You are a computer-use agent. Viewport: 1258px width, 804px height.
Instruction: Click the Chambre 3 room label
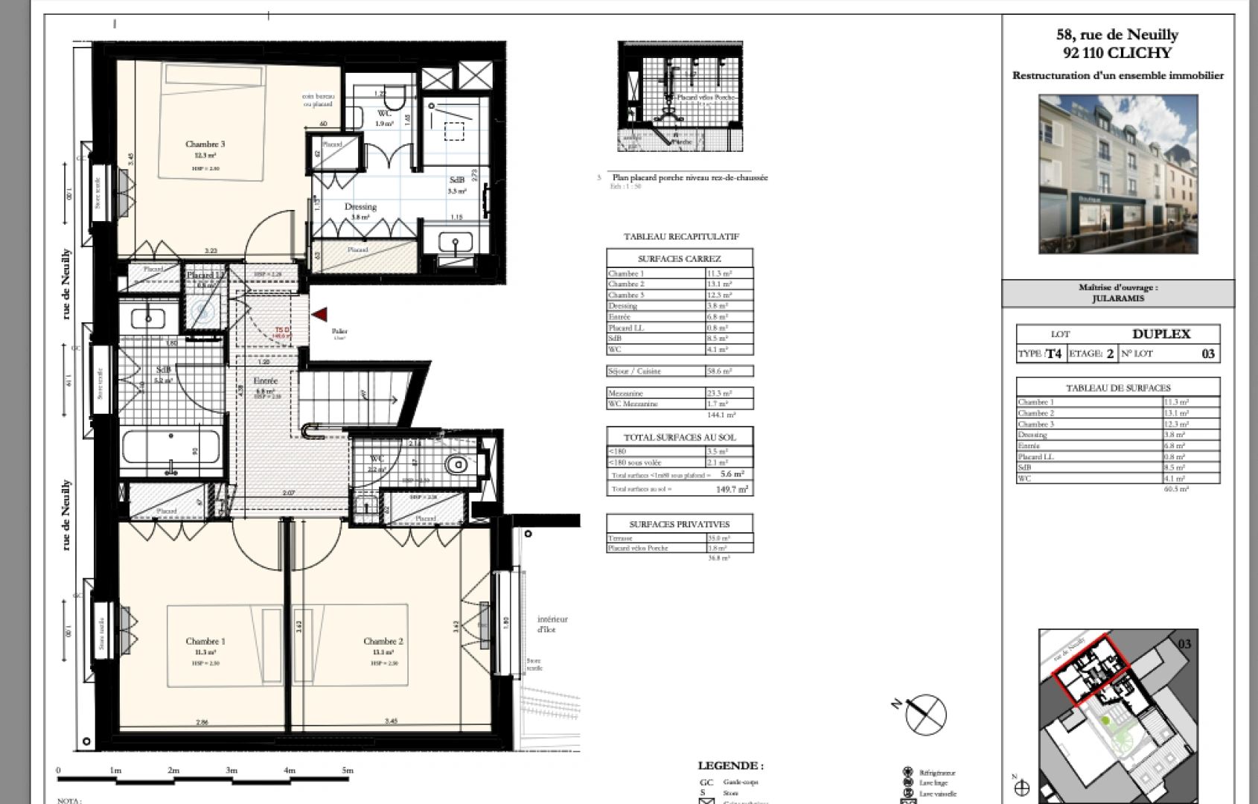point(205,144)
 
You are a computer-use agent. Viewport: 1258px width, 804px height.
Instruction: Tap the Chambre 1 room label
point(205,641)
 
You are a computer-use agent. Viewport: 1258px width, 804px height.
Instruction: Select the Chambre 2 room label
point(383,641)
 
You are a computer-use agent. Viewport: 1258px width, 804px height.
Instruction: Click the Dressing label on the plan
point(360,207)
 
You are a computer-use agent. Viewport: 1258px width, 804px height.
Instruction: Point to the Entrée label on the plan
point(266,381)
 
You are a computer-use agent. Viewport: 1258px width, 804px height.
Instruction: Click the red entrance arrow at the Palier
point(320,316)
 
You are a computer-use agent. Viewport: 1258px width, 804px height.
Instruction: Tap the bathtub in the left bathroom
point(170,449)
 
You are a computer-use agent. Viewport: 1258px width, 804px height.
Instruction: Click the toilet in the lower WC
point(457,465)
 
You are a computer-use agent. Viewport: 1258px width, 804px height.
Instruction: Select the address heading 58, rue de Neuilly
point(1117,35)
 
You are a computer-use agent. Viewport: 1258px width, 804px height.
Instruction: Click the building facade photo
point(1118,173)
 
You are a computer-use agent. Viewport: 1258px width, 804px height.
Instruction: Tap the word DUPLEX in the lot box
point(1160,334)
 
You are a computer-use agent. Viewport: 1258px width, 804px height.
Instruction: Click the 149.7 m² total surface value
point(732,489)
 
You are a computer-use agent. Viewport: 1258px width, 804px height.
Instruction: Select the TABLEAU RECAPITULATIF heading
point(681,237)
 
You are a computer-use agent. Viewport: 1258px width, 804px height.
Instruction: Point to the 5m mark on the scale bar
point(347,770)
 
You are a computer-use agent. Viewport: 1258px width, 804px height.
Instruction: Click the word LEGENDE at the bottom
point(729,765)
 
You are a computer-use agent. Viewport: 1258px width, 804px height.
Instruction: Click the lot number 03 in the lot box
point(1208,354)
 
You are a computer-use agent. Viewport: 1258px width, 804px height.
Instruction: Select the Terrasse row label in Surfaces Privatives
point(620,538)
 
